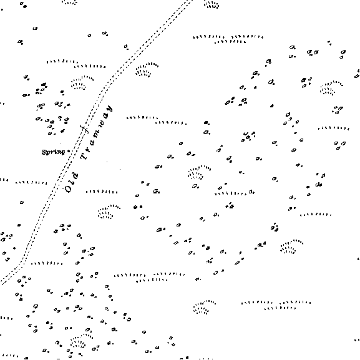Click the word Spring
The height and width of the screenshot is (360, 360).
[53, 152]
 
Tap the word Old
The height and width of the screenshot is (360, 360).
[71, 183]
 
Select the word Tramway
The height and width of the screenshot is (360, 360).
[97, 132]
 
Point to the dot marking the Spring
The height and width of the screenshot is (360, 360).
[69, 152]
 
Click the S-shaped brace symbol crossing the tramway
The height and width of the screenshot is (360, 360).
[85, 129]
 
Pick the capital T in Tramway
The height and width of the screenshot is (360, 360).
[84, 156]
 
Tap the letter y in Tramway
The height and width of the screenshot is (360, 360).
[109, 109]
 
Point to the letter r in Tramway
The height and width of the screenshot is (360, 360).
[89, 148]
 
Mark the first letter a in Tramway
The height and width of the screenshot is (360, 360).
[92, 142]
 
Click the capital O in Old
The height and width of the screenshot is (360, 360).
[68, 190]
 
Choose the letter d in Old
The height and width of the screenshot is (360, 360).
[75, 176]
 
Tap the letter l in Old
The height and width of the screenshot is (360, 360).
[71, 183]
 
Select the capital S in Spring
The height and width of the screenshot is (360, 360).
[44, 152]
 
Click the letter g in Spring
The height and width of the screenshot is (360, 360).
[63, 153]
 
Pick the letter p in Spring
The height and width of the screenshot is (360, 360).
[48, 153]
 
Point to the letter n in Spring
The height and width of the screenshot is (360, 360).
[58, 152]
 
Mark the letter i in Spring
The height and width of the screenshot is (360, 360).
[55, 152]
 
